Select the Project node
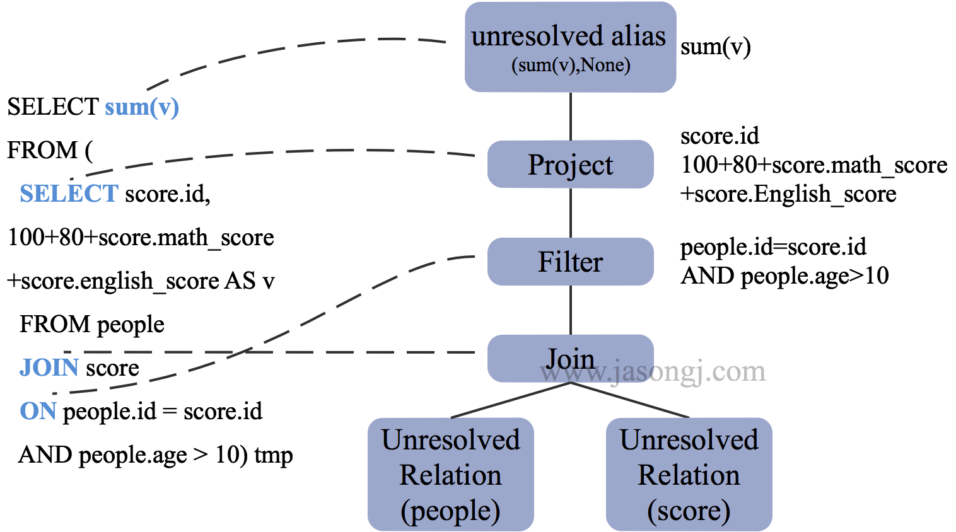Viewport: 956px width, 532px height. tap(570, 165)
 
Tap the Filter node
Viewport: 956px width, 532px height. tap(570, 262)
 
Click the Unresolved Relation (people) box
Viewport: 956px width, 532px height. tap(450, 474)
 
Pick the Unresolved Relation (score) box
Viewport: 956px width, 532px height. tap(689, 474)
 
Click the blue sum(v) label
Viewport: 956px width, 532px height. tap(142, 107)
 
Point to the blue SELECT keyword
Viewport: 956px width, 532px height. tap(69, 193)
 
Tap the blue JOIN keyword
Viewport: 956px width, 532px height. tap(49, 367)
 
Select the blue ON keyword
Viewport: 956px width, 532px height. tap(38, 411)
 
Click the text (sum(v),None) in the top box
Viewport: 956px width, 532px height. tap(570, 65)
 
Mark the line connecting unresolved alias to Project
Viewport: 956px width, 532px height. tap(571, 117)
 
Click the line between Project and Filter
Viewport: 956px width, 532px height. tap(571, 213)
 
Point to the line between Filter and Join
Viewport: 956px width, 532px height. tap(571, 310)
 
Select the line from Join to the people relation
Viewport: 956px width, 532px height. tap(511, 400)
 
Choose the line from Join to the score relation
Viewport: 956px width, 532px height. tap(631, 400)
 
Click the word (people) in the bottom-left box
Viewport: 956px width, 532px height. tap(450, 511)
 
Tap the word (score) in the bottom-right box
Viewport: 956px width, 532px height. tap(689, 511)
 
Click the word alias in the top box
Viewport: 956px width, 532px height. tap(638, 36)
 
